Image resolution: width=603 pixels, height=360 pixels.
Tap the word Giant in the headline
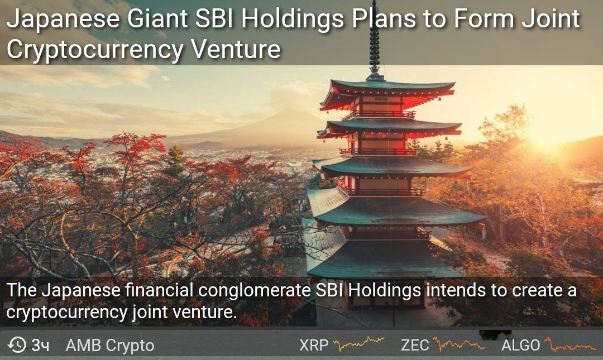157,19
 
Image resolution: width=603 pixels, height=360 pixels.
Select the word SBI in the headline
214,18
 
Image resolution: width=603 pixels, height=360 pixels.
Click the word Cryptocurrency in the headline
95,50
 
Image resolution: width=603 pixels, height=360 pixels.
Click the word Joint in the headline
551,18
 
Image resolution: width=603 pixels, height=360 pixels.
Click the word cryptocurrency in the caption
66,313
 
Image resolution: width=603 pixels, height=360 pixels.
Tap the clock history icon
17,344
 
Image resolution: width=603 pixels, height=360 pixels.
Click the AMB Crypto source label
110,345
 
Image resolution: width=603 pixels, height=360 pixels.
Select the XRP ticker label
314,345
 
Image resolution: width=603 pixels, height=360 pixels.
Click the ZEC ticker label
415,345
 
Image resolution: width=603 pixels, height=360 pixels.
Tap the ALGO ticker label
521,345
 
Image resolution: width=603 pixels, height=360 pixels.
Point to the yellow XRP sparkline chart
358,343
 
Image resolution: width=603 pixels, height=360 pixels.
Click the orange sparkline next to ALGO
570,344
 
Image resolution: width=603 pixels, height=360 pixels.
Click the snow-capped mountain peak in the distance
289,113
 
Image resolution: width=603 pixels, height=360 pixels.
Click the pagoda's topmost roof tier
387,92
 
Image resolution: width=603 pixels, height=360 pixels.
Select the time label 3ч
40,345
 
